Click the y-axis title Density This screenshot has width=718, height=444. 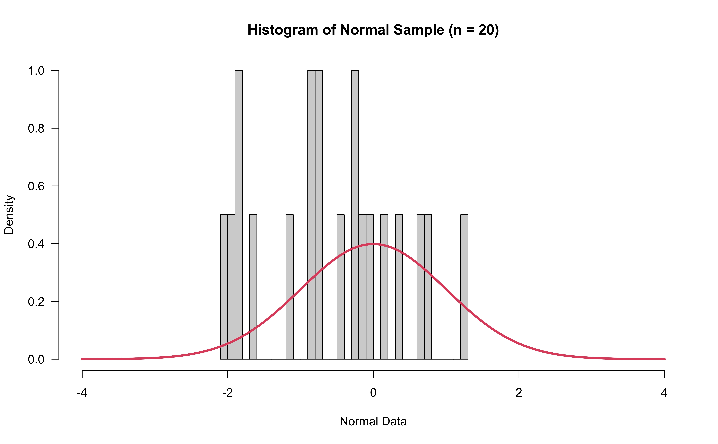tap(9, 214)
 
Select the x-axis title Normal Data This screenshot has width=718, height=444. tap(373, 421)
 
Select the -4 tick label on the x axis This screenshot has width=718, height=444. tap(82, 393)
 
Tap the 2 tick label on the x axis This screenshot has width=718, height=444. tap(519, 393)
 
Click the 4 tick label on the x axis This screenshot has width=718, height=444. tap(664, 393)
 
